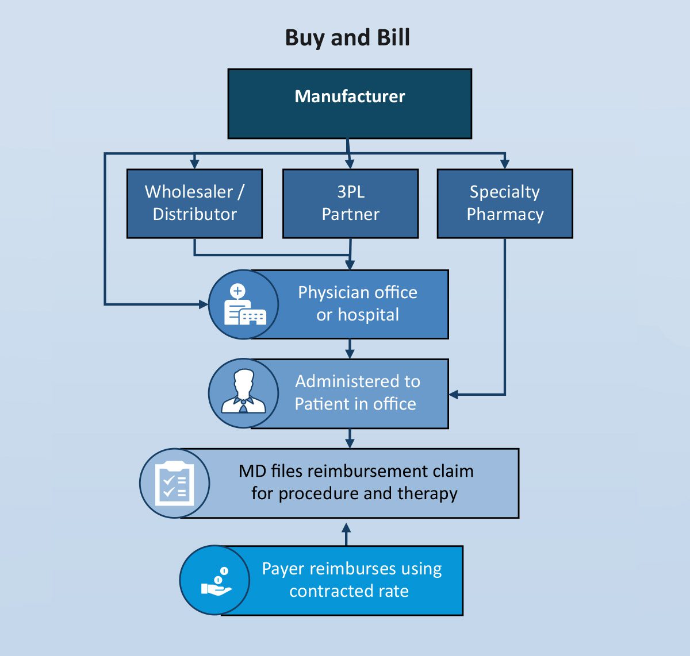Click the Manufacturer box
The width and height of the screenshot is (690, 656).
coord(350,104)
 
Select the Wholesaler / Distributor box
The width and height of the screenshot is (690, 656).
coord(194,203)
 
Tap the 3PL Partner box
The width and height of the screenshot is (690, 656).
coord(350,203)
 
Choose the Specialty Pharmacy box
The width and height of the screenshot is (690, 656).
coord(505,203)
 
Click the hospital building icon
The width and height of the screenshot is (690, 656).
coord(244,304)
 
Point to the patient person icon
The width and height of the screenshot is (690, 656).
coord(244,393)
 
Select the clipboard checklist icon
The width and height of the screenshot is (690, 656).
coord(175,483)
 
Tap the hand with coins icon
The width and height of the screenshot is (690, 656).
coord(215,581)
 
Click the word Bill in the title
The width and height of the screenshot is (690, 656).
coord(393,38)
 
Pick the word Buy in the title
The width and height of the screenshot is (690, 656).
coord(305,38)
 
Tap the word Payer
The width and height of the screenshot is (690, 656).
coord(282,569)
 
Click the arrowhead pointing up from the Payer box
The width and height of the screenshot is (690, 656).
coord(346,527)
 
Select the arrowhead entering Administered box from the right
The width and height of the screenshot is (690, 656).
coord(454,395)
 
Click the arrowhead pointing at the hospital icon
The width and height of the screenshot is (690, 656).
coord(203,304)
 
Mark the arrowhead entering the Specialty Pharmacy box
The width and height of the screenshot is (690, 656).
coord(505,164)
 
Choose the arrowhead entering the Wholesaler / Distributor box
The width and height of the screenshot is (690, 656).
coord(194,164)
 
